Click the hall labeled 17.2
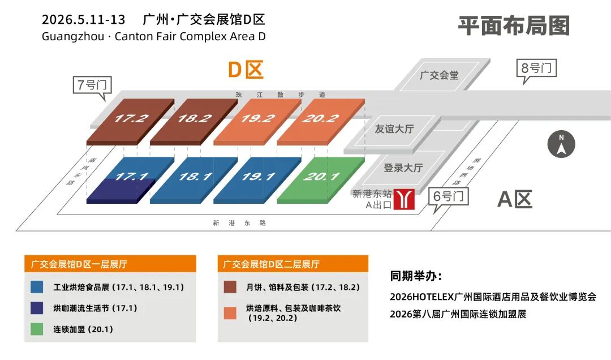[x=131, y=119]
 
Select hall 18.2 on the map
[x=194, y=119]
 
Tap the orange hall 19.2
[x=257, y=119]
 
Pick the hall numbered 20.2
[x=321, y=119]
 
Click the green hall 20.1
[x=321, y=177]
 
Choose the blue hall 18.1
[x=194, y=177]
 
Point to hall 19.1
[x=257, y=177]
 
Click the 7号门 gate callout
[x=92, y=85]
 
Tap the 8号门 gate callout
[x=537, y=68]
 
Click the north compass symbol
[x=561, y=144]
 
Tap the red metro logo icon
[x=405, y=199]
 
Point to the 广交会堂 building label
[x=440, y=75]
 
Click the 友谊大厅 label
[x=394, y=128]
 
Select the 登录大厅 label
[x=403, y=168]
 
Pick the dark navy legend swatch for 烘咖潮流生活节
[x=37, y=308]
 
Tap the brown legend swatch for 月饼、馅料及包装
[x=230, y=287]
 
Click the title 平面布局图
[x=514, y=25]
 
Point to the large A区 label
[x=515, y=199]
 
